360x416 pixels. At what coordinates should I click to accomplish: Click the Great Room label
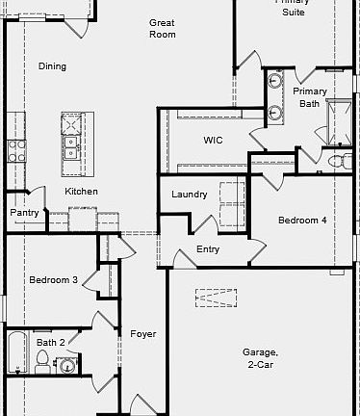pos(162,28)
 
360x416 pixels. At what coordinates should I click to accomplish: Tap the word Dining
pos(52,66)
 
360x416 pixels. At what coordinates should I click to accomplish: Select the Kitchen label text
pos(81,192)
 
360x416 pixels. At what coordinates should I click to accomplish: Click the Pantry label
pos(24,212)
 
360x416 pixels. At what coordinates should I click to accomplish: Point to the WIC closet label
pos(213,140)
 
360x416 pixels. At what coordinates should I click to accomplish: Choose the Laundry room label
pos(190,195)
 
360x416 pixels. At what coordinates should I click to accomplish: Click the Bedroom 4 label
pos(302,221)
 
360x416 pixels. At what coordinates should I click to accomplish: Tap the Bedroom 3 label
pos(53,280)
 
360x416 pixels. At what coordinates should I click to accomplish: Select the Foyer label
pos(142,334)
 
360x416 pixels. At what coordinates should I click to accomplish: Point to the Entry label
pos(208,249)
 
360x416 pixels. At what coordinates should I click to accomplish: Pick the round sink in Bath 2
pos(67,365)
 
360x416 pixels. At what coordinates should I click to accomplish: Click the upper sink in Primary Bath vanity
pos(276,81)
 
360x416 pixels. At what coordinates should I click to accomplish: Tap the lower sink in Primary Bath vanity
pos(276,113)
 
